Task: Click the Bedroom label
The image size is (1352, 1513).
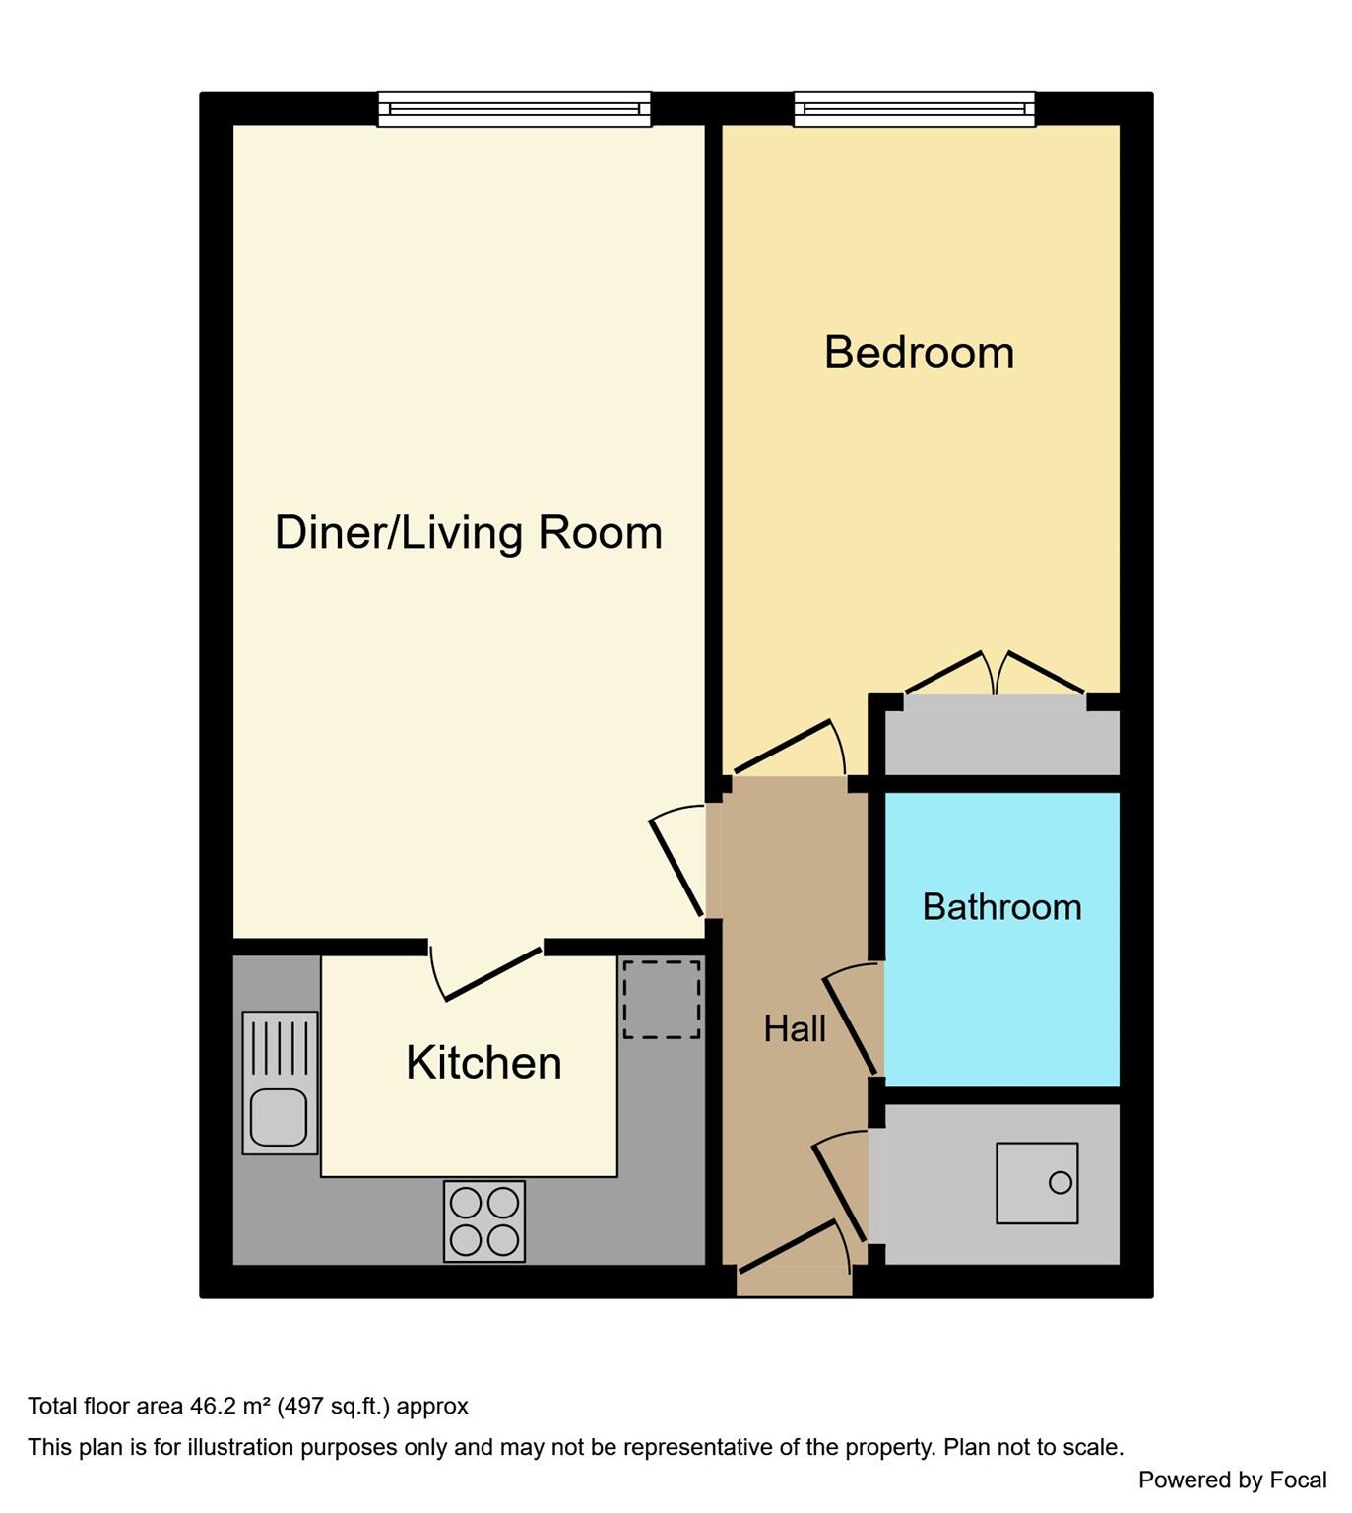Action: click(919, 353)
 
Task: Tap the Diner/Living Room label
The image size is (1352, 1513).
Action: click(468, 532)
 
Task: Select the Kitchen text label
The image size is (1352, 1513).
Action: click(483, 1063)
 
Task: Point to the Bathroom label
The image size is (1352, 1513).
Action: click(1001, 906)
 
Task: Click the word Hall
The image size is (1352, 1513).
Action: click(795, 1029)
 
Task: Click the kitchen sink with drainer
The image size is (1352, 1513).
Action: click(281, 1083)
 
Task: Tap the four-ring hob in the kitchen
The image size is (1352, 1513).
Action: click(484, 1221)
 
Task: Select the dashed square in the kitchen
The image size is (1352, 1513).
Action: click(661, 1000)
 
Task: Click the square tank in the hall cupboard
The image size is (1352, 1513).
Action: click(1037, 1183)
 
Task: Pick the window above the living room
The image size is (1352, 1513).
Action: click(514, 109)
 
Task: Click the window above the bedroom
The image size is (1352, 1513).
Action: click(914, 109)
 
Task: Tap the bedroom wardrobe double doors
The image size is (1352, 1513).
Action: click(996, 675)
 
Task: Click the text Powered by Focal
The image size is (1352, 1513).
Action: click(1232, 1480)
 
